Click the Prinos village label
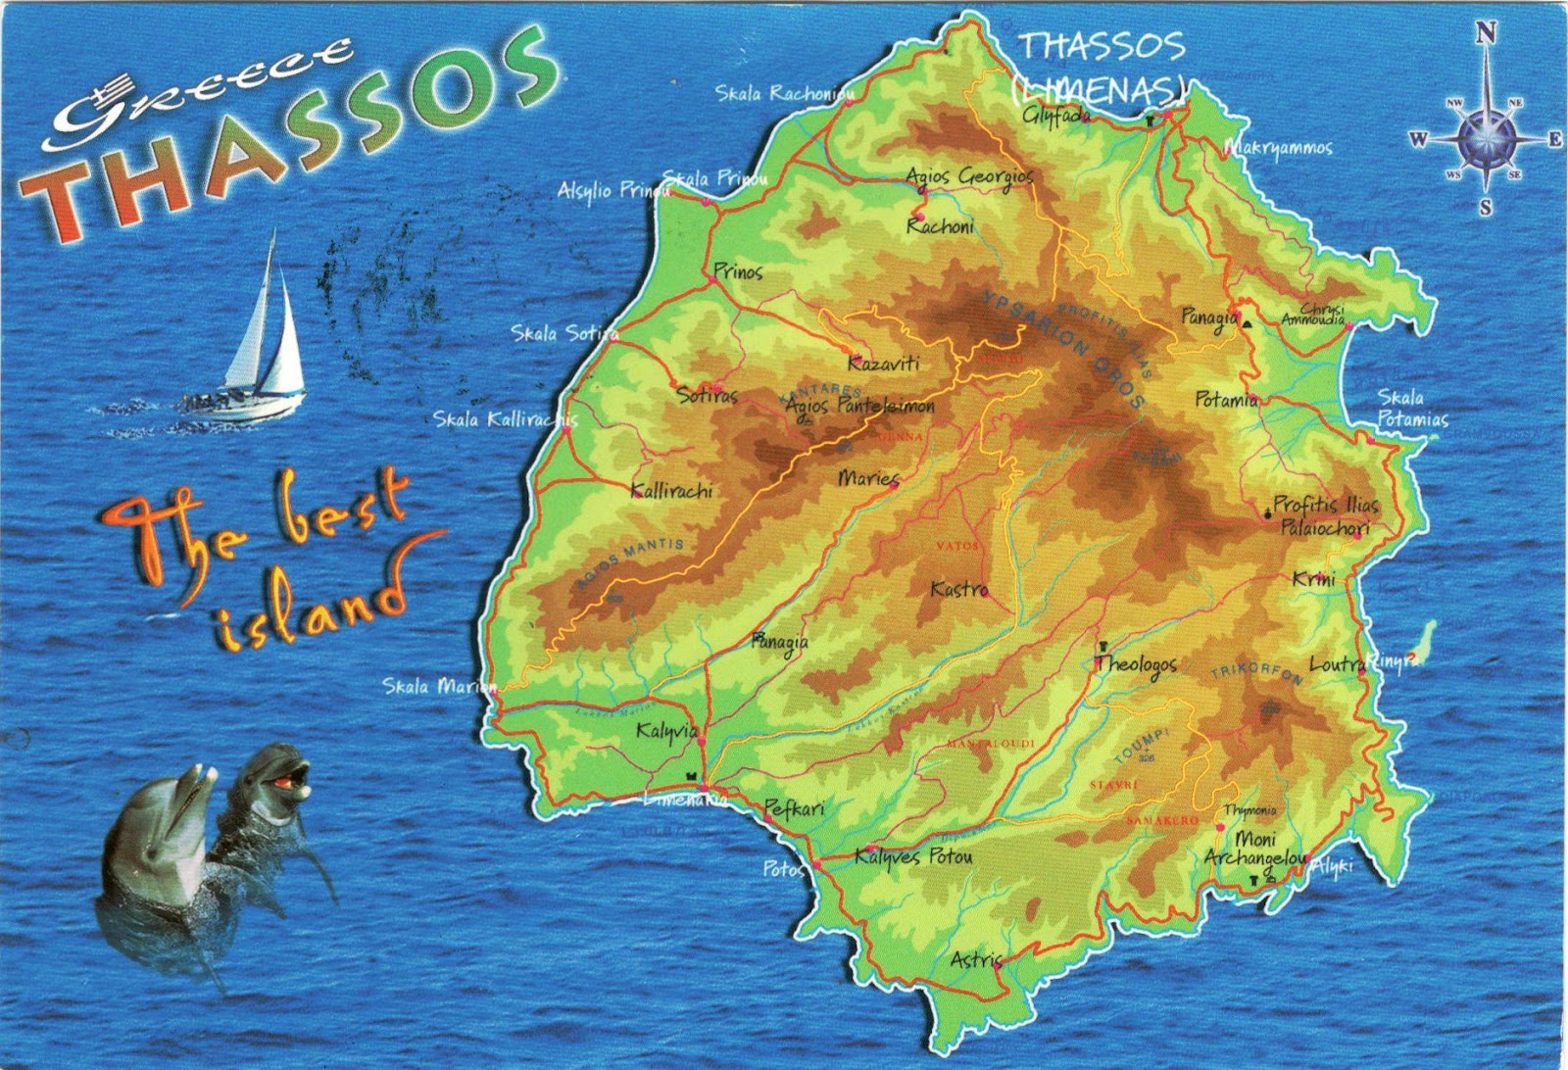[x=738, y=271]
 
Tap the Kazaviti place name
[x=883, y=364]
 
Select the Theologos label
[x=1136, y=664]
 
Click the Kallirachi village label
[x=671, y=491]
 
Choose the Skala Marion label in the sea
[x=440, y=686]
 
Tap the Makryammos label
[x=1279, y=148]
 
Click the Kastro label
[x=958, y=590]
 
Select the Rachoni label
[x=940, y=226]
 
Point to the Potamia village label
[x=1226, y=400]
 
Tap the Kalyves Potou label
[x=913, y=856]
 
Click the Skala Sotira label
[x=564, y=333]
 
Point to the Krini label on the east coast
[x=1313, y=579]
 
